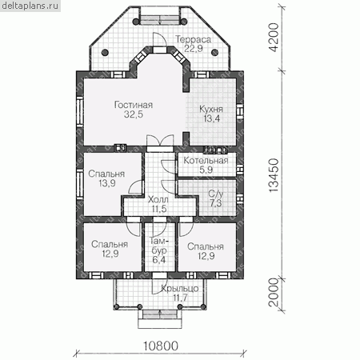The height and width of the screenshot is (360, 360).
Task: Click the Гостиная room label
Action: click(x=134, y=105)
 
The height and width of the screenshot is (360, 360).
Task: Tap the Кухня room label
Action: click(x=211, y=109)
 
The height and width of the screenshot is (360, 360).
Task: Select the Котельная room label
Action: click(x=206, y=161)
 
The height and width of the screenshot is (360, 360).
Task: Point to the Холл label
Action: click(x=158, y=199)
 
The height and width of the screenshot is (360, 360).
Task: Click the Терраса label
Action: click(x=194, y=39)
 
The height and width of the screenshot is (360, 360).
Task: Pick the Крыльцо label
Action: click(x=180, y=288)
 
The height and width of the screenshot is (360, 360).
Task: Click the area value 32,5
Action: click(x=134, y=114)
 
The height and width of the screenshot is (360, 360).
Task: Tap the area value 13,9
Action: click(x=107, y=183)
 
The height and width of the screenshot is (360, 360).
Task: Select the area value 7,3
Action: click(x=216, y=203)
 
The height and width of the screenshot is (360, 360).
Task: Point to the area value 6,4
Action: click(x=159, y=260)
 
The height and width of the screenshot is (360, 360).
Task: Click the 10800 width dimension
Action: click(x=161, y=346)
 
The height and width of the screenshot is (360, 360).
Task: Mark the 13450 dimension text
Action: click(x=274, y=175)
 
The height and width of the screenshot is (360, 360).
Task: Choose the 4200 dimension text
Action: click(x=274, y=38)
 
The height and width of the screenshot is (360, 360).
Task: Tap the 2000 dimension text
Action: click(x=274, y=293)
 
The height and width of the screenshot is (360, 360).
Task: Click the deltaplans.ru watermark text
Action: click(x=30, y=6)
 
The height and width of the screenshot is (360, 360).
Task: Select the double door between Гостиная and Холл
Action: click(x=160, y=142)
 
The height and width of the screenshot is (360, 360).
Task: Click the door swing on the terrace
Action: click(x=160, y=39)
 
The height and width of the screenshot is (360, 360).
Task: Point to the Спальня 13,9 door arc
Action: click(x=135, y=186)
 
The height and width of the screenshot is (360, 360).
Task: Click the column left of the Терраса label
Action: click(x=106, y=52)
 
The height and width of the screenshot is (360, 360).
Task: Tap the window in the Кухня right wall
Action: click(x=240, y=111)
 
